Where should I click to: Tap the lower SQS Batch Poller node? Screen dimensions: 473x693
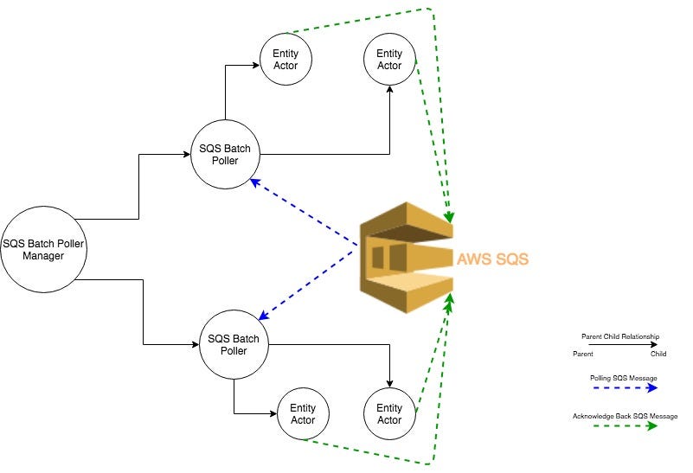234,344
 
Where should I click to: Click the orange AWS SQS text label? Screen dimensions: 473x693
492,259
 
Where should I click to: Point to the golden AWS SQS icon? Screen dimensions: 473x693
406,257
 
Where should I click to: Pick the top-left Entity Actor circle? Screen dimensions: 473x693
286,60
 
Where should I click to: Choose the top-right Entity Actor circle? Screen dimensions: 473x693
389,60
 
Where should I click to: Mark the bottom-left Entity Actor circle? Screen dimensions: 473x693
303,413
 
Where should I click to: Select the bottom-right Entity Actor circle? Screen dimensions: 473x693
389,413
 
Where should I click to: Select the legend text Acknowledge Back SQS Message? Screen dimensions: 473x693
625,416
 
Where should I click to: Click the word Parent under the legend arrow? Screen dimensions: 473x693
582,354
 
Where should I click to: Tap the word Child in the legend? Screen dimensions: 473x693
658,354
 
